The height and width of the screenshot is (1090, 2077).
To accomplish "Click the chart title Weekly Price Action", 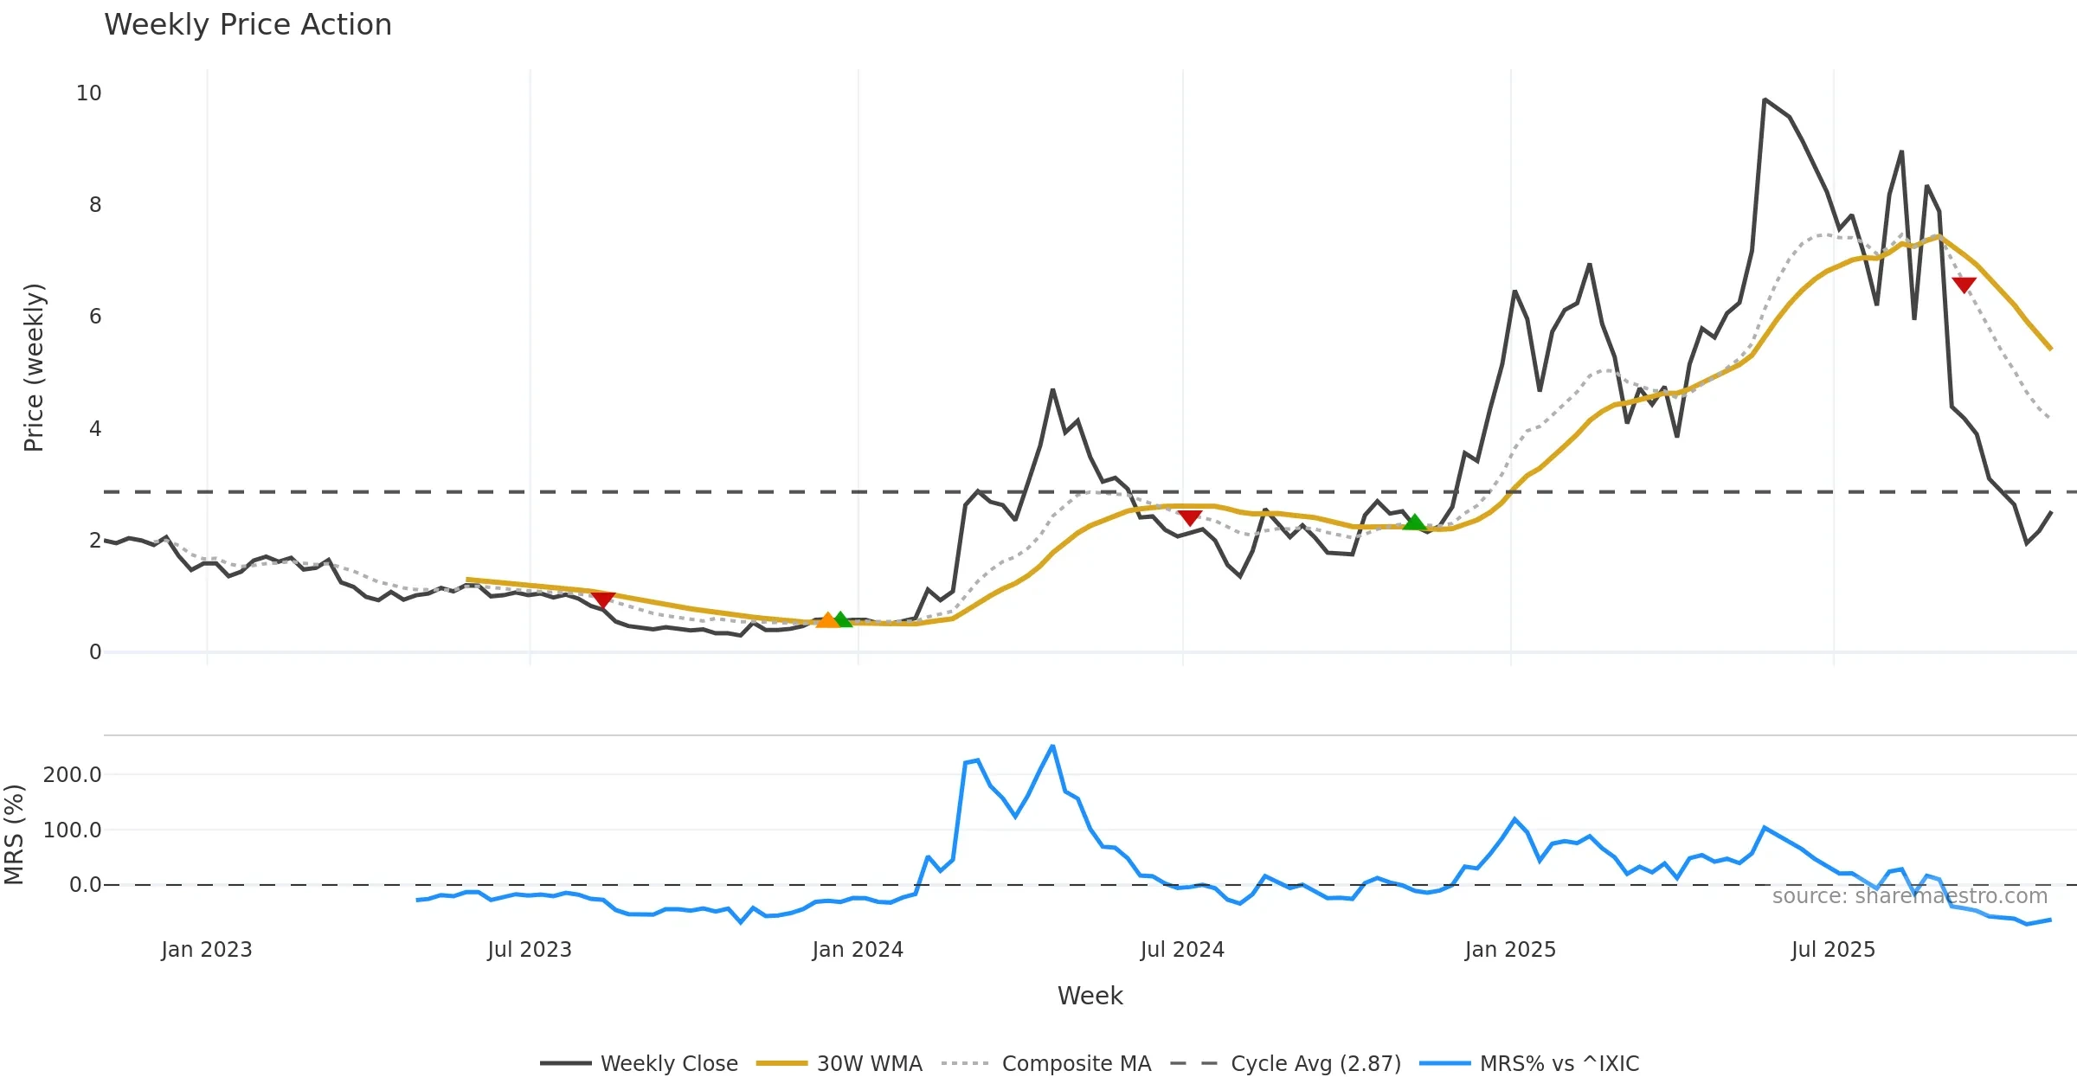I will pos(248,25).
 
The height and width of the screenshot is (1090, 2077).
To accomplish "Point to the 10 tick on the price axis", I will pos(89,93).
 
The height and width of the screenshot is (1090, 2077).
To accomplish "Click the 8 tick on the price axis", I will pos(95,205).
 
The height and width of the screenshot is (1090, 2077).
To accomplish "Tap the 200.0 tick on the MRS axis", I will pos(73,775).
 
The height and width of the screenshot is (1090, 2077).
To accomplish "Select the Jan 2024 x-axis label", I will pos(857,950).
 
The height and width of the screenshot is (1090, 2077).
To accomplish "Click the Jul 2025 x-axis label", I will pos(1833,950).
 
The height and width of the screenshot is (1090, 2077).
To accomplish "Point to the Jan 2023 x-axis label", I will pos(206,950).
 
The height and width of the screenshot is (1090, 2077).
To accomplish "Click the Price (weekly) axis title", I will pos(34,368).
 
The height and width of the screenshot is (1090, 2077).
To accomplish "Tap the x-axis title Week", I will pos(1090,997).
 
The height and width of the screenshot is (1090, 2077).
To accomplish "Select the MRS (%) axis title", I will pos(15,835).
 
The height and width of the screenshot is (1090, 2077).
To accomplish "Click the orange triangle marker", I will pos(827,620).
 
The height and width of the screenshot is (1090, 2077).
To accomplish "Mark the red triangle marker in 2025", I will pos(1964,285).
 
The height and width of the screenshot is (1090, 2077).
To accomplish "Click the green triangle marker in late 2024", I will pos(1414,523).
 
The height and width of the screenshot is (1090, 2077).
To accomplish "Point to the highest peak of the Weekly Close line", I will pos(1765,99).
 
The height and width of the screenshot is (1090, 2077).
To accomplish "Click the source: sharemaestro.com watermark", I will pos(1909,896).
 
